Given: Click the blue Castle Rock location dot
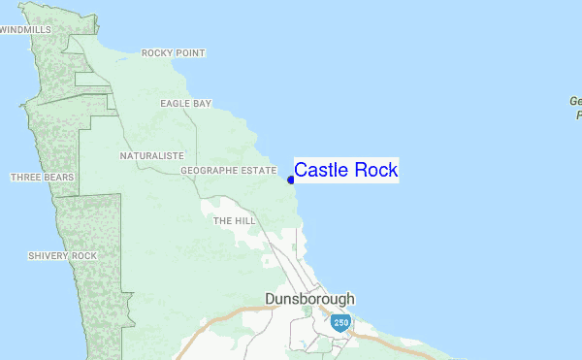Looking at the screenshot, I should coord(291,180).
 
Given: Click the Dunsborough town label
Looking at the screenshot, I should coord(310,299).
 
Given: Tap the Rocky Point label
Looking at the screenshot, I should coord(174,53).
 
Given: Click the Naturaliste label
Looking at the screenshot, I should coord(152,155).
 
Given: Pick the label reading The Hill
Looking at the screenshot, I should coord(234,221).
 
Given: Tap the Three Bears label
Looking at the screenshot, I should coord(42,178).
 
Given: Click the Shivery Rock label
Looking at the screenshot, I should coord(63,255).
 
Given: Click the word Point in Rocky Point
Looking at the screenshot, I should coord(191,53).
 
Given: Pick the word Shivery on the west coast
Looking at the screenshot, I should coord(49,255).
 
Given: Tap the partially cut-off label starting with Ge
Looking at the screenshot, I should coord(575,107).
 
